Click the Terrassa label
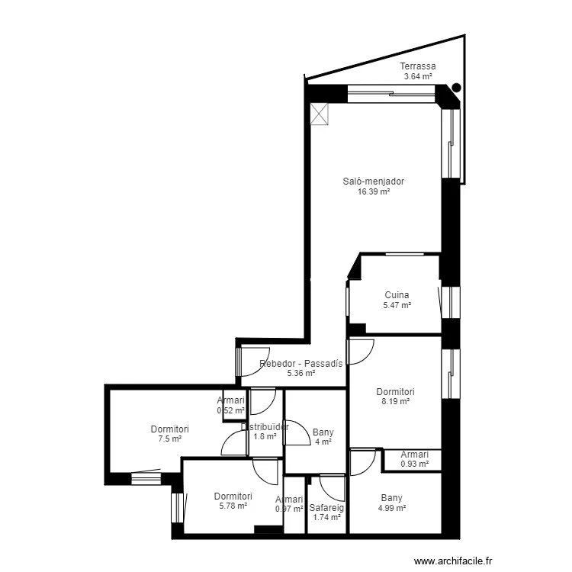417,66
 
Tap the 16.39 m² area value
374,192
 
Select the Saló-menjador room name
374,182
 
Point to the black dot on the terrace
456,88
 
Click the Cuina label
397,295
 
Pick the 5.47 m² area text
397,305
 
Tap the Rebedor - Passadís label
300,364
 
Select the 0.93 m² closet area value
414,464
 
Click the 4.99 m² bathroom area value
392,508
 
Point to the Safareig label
326,507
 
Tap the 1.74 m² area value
326,517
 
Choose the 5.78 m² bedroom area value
233,506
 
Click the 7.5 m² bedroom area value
169,439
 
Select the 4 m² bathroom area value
323,442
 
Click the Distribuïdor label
265,427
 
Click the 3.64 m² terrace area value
417,76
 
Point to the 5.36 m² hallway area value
300,374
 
